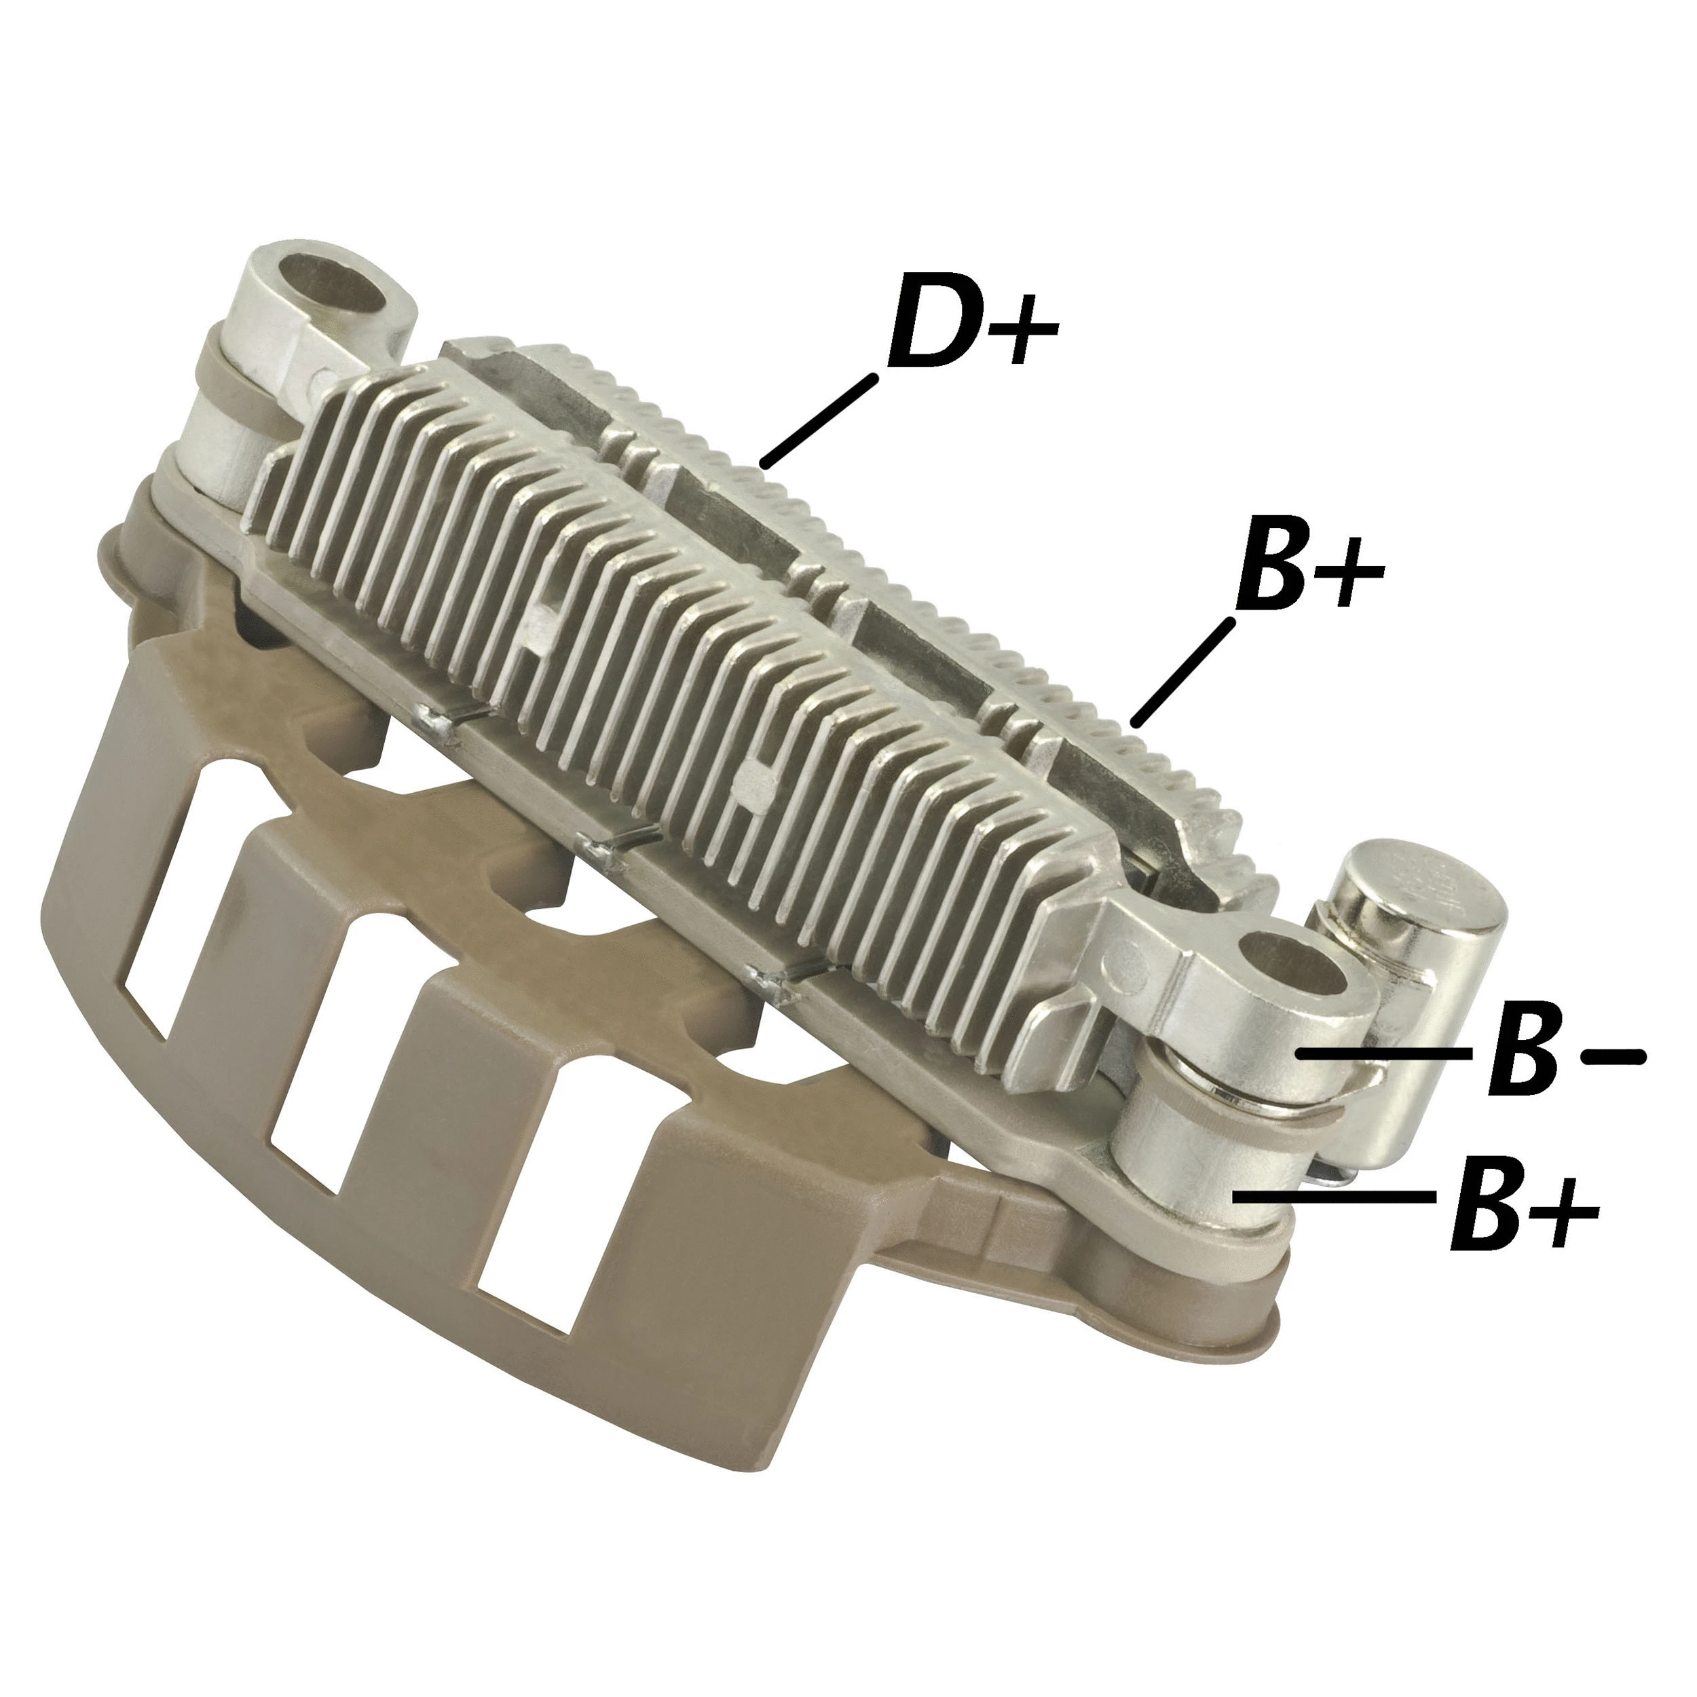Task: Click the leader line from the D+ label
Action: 819,420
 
